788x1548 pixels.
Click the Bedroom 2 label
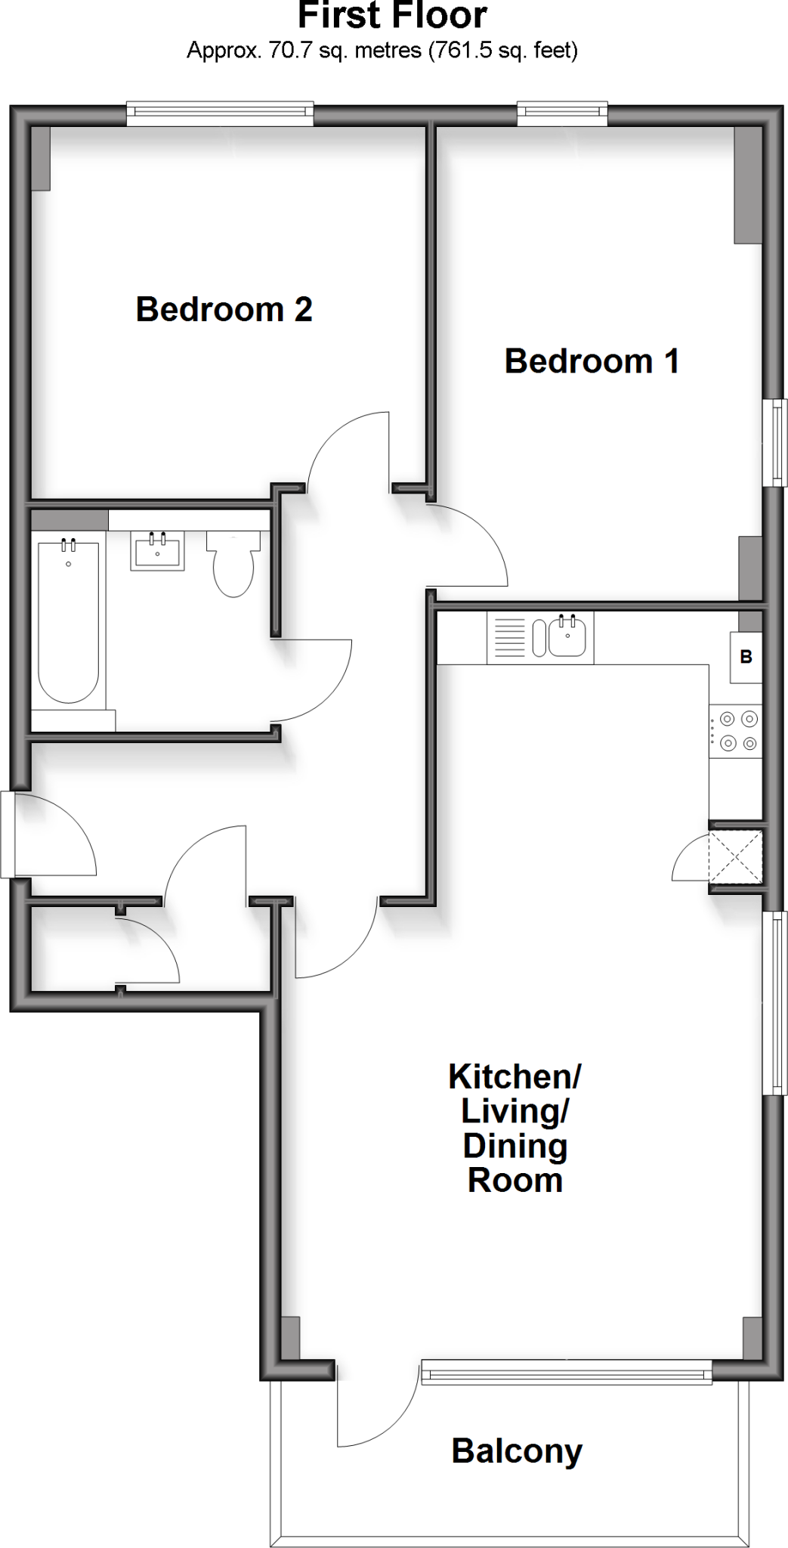pos(224,309)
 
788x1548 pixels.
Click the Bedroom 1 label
pos(592,361)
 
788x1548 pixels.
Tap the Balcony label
pos(517,1451)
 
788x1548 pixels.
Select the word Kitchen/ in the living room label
pos(515,1076)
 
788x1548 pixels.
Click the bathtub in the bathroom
pos(68,620)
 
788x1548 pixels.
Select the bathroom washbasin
pos(157,550)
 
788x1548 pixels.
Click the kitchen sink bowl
pos(567,637)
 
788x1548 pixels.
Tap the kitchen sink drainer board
pos(508,638)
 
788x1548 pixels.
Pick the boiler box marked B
pos(746,657)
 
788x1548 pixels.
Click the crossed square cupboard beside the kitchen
pos(735,856)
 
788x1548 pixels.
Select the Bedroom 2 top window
pos(219,115)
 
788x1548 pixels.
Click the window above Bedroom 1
pos(562,115)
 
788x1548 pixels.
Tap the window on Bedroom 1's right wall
pos(775,442)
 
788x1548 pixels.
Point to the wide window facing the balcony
pos(566,1371)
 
